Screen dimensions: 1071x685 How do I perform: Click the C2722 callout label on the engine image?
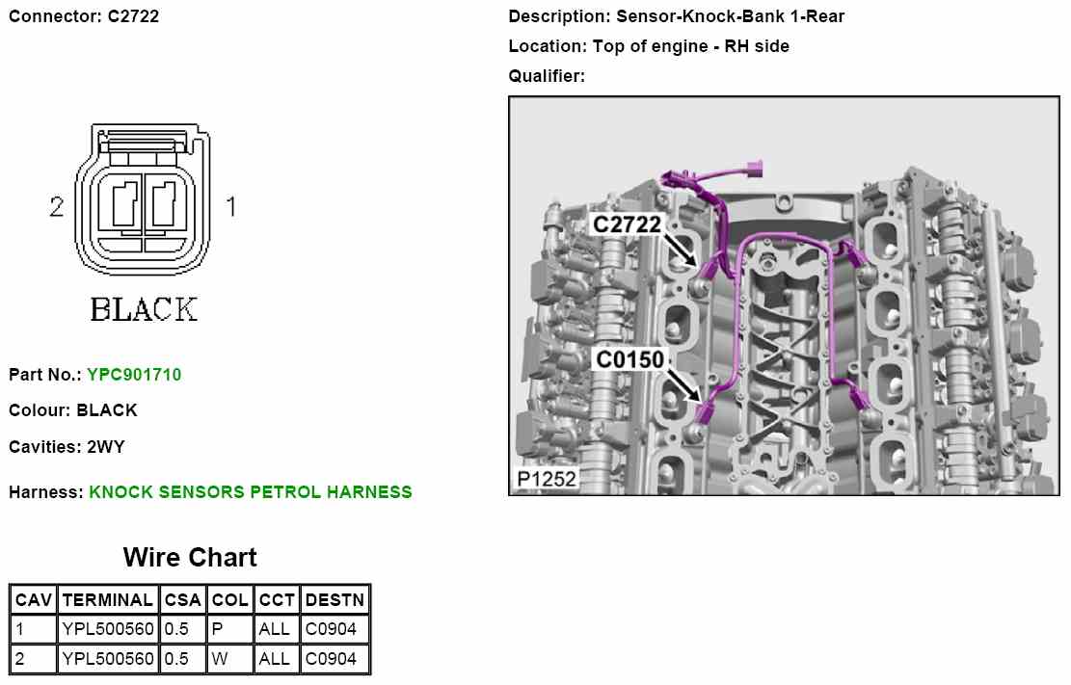[x=627, y=224]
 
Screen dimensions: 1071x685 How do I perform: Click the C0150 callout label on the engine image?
[x=629, y=359]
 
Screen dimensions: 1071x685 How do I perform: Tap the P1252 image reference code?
[x=546, y=479]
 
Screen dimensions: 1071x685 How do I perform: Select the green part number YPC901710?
[x=134, y=374]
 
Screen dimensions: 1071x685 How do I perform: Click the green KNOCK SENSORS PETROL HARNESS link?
[x=251, y=491]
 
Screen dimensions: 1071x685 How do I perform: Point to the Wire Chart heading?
[x=190, y=557]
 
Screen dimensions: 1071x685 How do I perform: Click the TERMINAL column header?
[x=107, y=599]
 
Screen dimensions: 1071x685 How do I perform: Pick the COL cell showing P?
[x=230, y=629]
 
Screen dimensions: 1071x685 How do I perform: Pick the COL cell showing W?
[x=230, y=659]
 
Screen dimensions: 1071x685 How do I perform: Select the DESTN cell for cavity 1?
[x=335, y=629]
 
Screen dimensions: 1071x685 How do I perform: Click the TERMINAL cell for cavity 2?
[x=107, y=659]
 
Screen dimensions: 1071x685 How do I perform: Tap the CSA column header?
[x=182, y=599]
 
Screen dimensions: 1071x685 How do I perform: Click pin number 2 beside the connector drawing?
[x=57, y=205]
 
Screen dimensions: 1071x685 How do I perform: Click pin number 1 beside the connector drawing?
[x=230, y=205]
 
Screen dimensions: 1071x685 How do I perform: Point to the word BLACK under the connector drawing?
[x=144, y=309]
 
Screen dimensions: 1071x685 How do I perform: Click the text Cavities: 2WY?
[x=67, y=447]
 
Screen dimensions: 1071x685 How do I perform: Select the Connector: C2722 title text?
[x=84, y=16]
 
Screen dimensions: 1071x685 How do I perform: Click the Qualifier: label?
[x=547, y=75]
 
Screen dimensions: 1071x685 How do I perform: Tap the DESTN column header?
[x=335, y=599]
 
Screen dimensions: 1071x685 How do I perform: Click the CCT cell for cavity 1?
[x=277, y=629]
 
